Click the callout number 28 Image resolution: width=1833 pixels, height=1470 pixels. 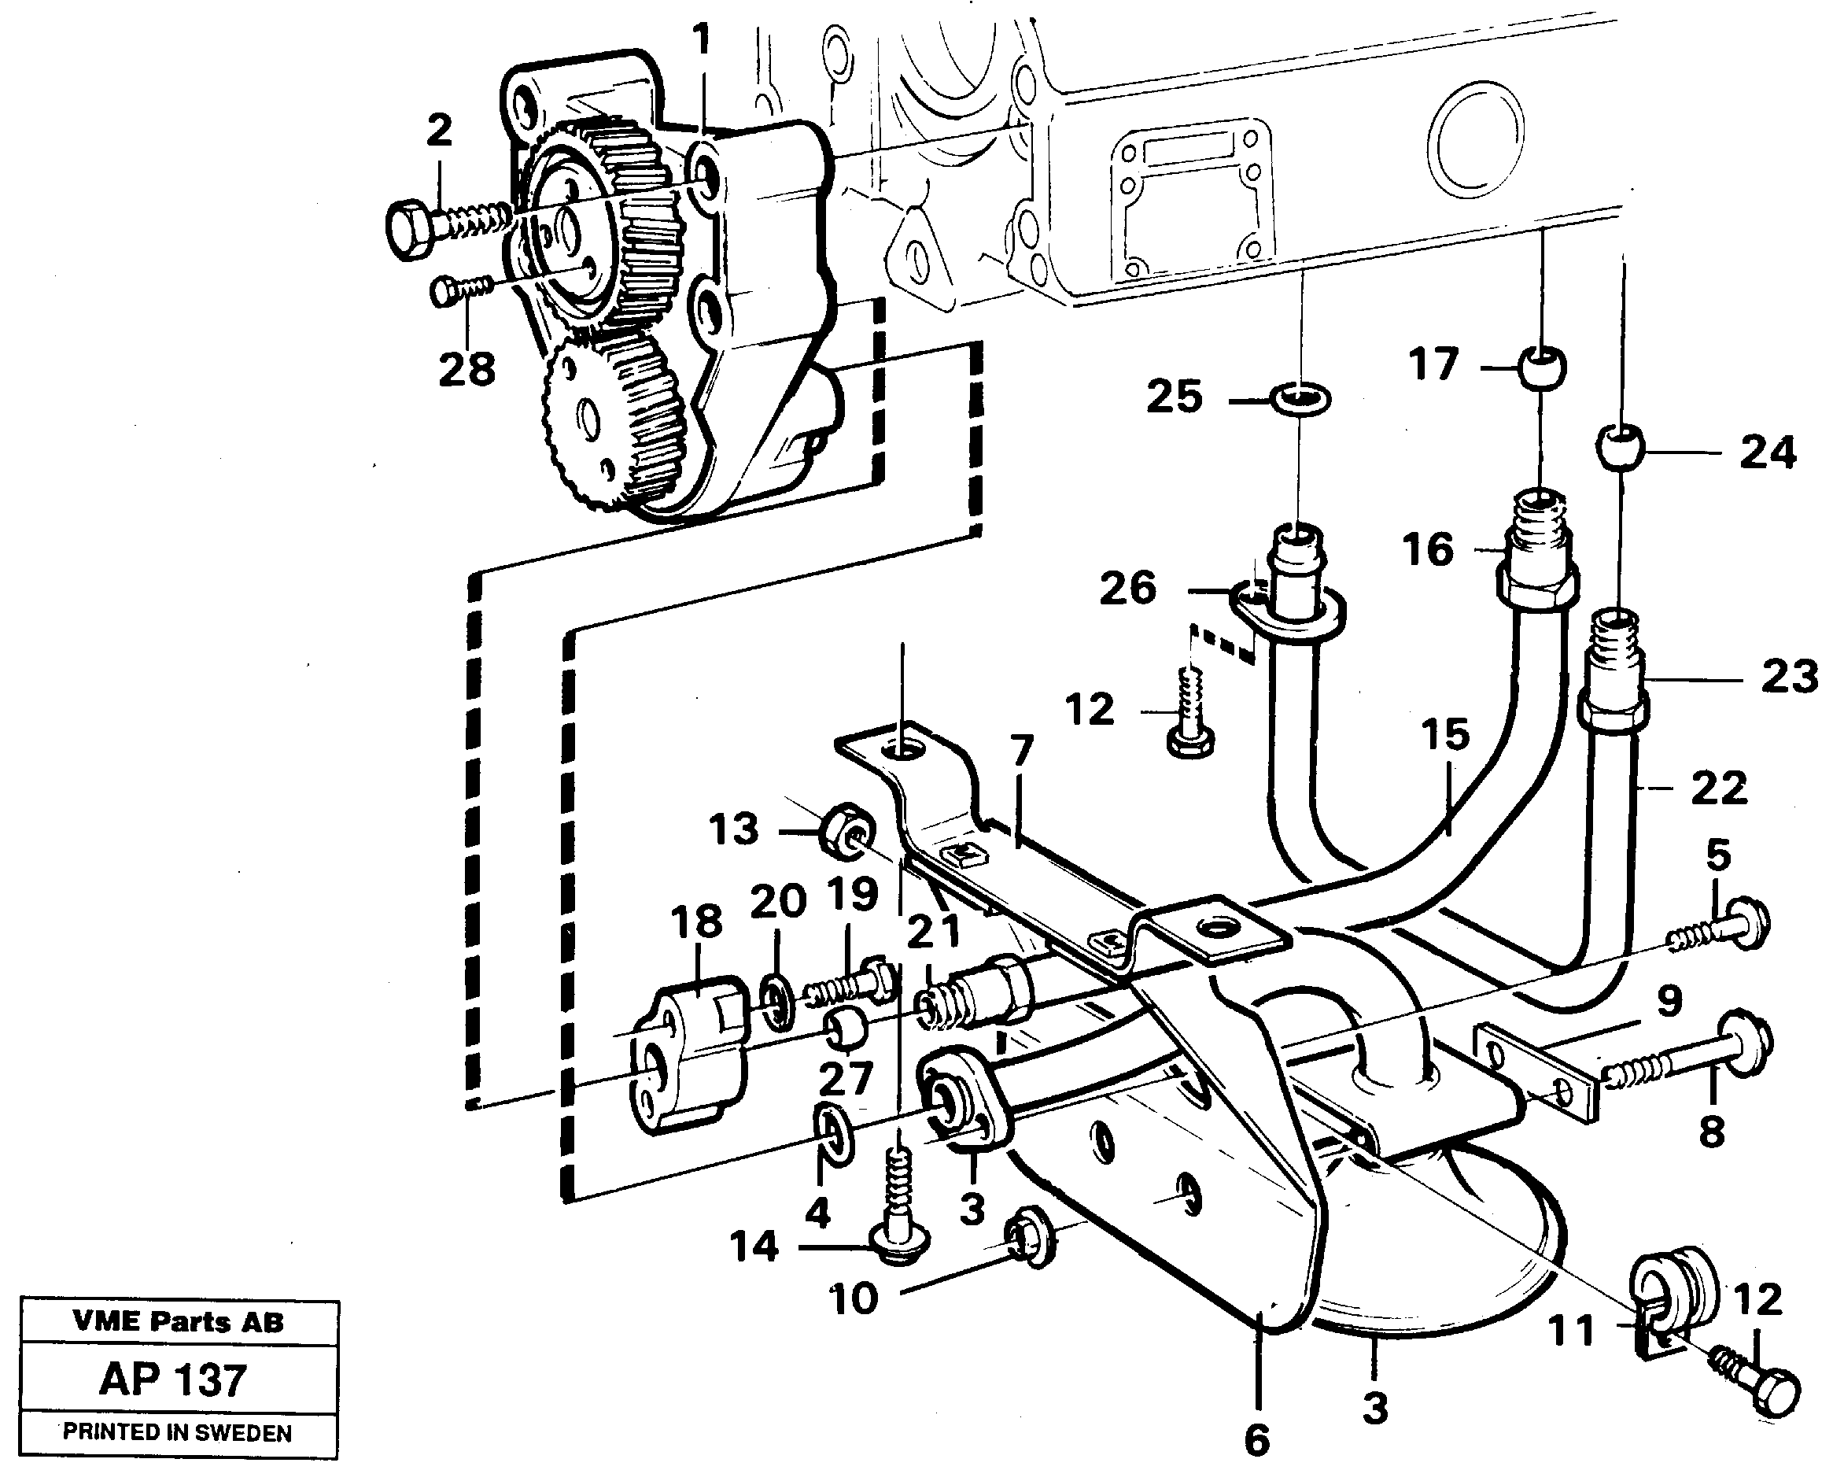click(x=467, y=369)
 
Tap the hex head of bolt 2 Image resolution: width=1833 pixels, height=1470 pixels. click(x=411, y=229)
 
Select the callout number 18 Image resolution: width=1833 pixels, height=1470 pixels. click(x=696, y=922)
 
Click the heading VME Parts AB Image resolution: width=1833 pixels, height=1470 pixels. click(x=178, y=1322)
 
